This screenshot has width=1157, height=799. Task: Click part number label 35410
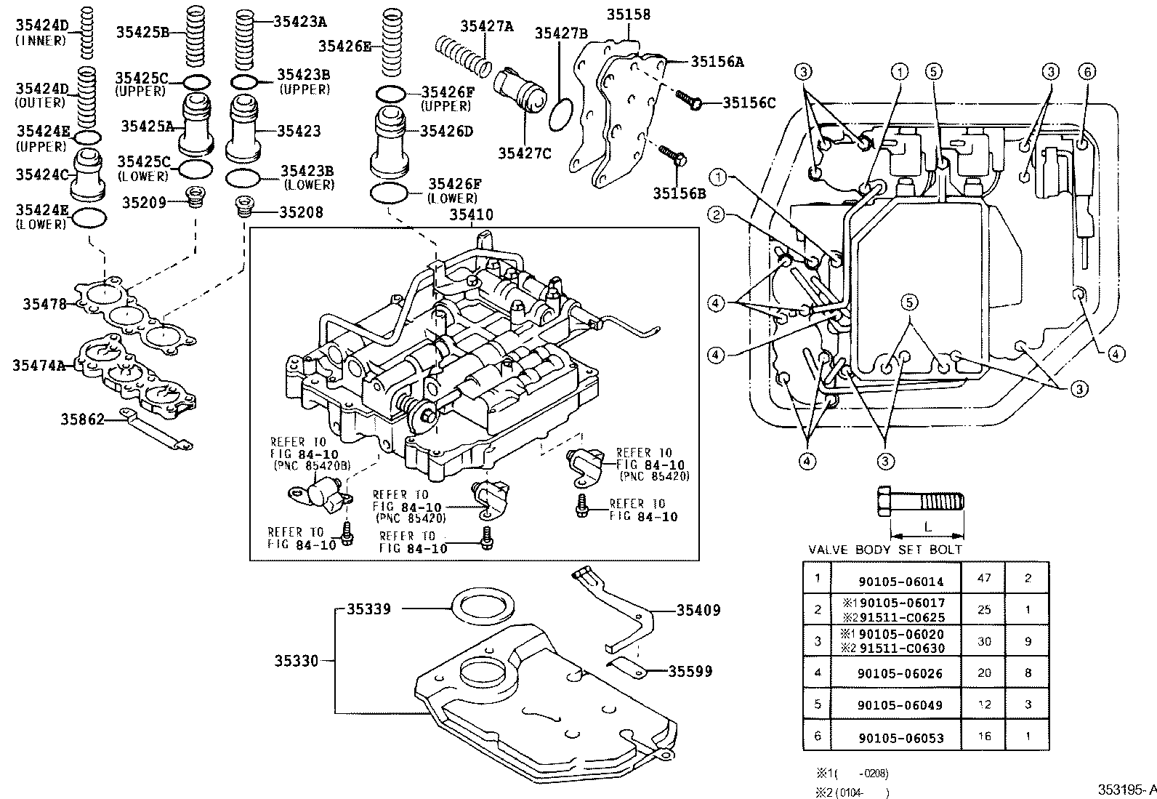tap(471, 214)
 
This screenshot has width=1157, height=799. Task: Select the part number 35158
tap(629, 15)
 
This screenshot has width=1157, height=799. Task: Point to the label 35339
tap(368, 609)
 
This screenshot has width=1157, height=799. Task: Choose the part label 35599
tap(690, 671)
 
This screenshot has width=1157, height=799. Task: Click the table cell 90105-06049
tap(900, 705)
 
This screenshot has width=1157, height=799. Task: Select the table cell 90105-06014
tap(900, 581)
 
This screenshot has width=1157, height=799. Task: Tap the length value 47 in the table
tap(985, 579)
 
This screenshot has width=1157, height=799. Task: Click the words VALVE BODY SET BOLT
tap(885, 550)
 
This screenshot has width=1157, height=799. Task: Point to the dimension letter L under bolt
tap(927, 525)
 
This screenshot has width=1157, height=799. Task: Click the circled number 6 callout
tap(1087, 71)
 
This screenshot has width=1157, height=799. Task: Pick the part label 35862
tap(82, 419)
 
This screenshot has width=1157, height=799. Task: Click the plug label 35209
tap(144, 203)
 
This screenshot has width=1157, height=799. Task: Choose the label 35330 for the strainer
tap(297, 661)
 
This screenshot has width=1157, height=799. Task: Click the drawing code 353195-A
tap(1126, 790)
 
